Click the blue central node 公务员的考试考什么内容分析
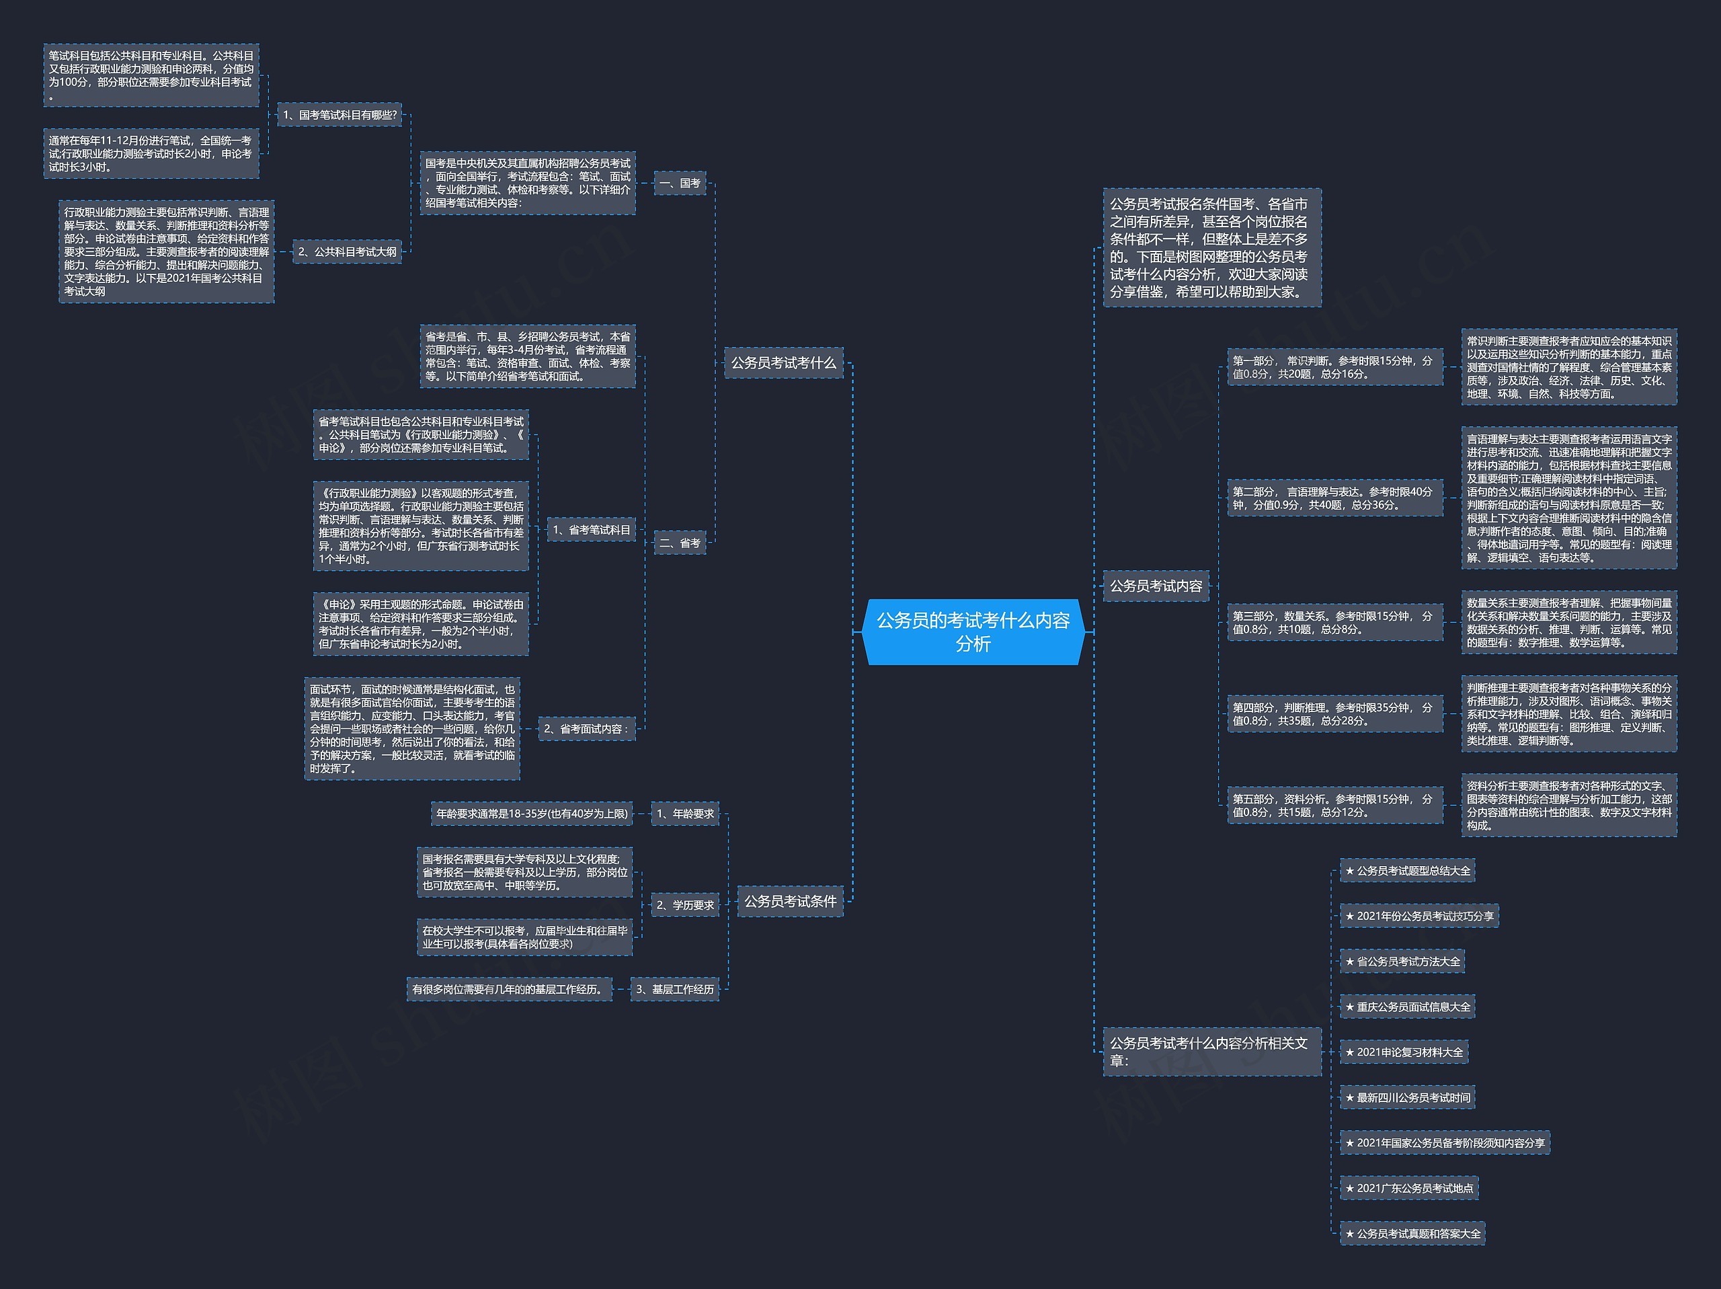[x=973, y=631]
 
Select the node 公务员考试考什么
[x=783, y=362]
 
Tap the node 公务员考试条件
[x=790, y=902]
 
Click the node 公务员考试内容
[x=1156, y=586]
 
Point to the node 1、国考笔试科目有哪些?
[x=340, y=115]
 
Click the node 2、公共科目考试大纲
[x=347, y=251]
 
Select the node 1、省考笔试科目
[x=592, y=530]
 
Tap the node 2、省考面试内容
[x=586, y=729]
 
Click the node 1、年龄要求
[x=684, y=814]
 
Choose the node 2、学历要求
[x=684, y=904]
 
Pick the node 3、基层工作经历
[x=674, y=989]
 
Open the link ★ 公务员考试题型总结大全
[x=1408, y=871]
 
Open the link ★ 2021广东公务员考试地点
[x=1409, y=1189]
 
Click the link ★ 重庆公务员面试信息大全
[x=1408, y=1007]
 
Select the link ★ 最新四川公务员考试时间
[x=1408, y=1097]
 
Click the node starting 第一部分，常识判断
[x=1334, y=367]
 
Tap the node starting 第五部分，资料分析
[x=1334, y=806]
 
